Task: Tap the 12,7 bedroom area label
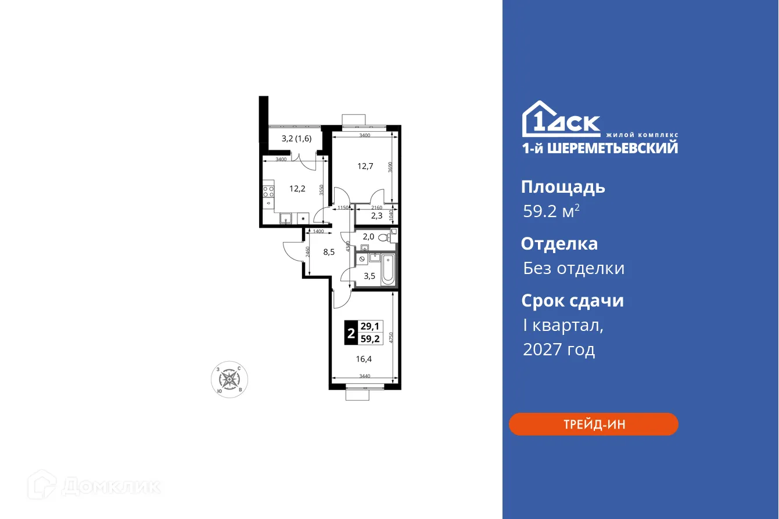click(365, 166)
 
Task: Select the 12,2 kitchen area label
click(297, 188)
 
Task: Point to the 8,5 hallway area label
click(328, 252)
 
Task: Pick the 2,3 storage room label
click(376, 216)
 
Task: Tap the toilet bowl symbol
click(383, 237)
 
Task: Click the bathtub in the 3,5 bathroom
click(387, 268)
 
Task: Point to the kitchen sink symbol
click(286, 219)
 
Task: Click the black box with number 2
click(350, 333)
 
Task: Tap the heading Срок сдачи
click(572, 301)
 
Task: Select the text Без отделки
click(573, 268)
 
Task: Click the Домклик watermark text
click(110, 486)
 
